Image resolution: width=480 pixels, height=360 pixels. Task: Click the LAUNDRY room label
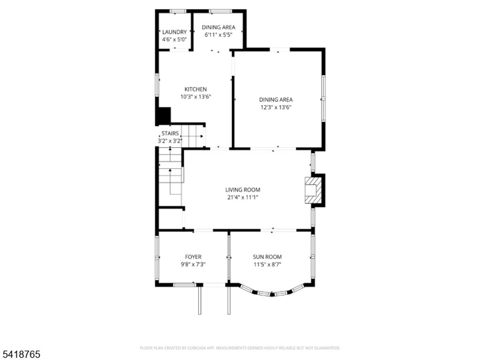[174, 32]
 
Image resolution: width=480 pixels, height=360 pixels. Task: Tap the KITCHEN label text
[195, 89]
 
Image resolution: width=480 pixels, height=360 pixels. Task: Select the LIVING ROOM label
[242, 190]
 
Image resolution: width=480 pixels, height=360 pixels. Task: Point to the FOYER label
[193, 257]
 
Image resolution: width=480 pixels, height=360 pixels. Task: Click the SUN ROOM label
[267, 257]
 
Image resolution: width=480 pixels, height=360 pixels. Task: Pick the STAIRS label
[170, 134]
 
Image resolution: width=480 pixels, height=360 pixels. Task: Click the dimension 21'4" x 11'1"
[242, 197]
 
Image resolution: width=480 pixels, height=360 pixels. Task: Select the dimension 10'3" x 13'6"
[195, 97]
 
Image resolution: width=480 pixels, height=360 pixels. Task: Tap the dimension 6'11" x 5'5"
[218, 35]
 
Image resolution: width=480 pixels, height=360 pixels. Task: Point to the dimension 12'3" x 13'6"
[276, 107]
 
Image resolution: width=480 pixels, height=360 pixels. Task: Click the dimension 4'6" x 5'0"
[174, 39]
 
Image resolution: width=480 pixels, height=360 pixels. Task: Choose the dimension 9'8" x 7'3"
[193, 264]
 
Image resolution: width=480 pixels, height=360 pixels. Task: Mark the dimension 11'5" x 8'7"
[267, 264]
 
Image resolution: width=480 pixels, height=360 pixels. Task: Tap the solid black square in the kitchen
[164, 115]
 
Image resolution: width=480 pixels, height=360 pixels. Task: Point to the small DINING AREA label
[218, 27]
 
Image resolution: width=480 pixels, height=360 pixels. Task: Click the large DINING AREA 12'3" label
[276, 99]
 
